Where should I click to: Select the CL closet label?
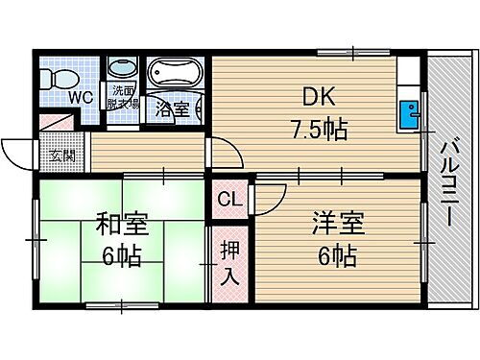pos(228,201)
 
